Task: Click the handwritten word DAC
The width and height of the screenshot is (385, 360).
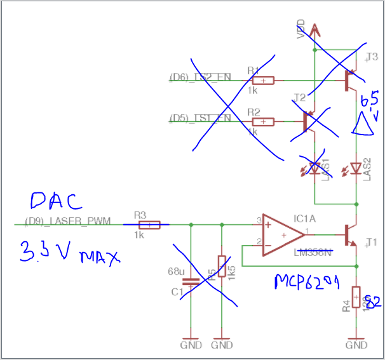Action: tap(57, 201)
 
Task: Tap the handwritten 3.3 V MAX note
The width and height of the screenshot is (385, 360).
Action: tap(69, 251)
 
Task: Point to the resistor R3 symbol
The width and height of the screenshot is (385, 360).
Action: tap(150, 224)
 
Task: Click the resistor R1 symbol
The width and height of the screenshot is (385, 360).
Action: tap(262, 81)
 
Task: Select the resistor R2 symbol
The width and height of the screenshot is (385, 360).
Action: tap(262, 121)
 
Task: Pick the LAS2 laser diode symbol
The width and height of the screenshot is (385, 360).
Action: tap(356, 168)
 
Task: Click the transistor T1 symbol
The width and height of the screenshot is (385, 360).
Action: tap(350, 234)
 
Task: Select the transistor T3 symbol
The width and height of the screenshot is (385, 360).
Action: tap(349, 79)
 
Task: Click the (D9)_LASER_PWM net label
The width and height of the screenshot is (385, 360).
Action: tap(67, 221)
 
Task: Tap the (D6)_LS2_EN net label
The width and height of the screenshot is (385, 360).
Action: tap(200, 77)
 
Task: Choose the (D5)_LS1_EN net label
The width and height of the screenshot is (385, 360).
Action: tap(200, 118)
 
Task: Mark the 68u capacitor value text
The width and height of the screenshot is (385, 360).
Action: tap(176, 271)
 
